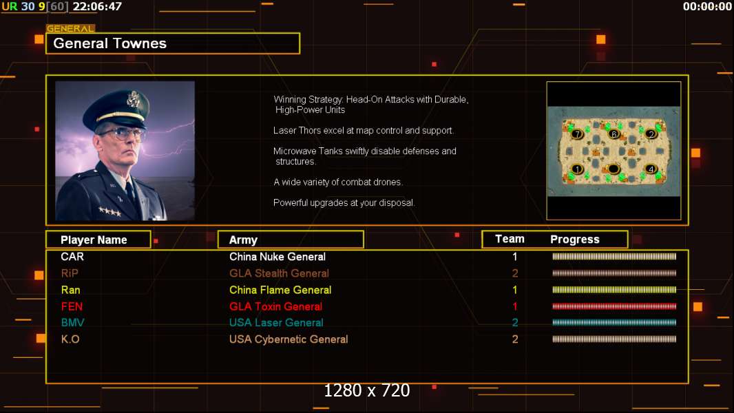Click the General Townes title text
(x=110, y=43)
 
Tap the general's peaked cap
(x=118, y=109)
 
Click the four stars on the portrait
(x=110, y=212)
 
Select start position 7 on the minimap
(x=577, y=134)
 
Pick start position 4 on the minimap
(x=651, y=169)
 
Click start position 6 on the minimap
(x=614, y=134)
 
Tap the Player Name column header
(x=94, y=240)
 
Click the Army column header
(x=244, y=240)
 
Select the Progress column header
(x=575, y=240)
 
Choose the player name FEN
(x=72, y=306)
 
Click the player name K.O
(x=70, y=339)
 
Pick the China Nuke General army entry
(x=277, y=257)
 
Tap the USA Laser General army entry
(x=276, y=323)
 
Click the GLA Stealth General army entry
(x=279, y=273)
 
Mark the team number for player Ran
(x=515, y=290)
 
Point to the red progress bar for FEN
(x=614, y=306)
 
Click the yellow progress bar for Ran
(x=614, y=290)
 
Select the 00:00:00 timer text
(x=707, y=7)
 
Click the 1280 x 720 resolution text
(x=367, y=390)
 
